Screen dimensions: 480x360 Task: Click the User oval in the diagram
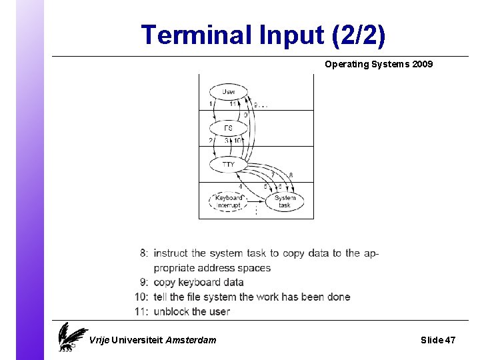click(228, 91)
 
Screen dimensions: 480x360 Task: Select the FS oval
click(228, 127)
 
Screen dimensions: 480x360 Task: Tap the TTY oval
click(228, 164)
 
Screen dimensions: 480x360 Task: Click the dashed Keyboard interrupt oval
click(229, 201)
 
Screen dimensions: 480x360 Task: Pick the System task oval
click(285, 201)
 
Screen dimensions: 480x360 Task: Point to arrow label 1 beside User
click(211, 104)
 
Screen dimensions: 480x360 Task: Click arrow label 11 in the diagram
click(233, 104)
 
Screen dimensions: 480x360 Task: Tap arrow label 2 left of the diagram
click(211, 141)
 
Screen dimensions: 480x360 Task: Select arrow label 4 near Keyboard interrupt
click(240, 186)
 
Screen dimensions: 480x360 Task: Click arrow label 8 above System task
click(291, 175)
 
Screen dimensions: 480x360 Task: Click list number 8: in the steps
click(144, 253)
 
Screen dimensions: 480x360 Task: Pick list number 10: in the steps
click(141, 297)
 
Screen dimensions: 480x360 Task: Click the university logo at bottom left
click(71, 337)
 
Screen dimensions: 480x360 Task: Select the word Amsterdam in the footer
click(190, 340)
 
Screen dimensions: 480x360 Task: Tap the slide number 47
click(449, 340)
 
